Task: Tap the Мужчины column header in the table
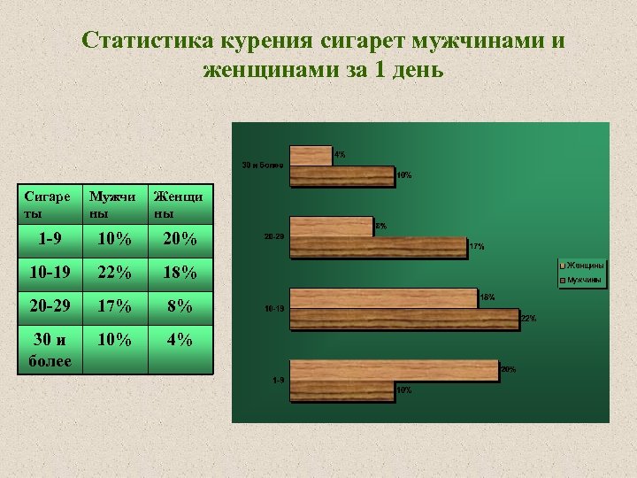coord(112,205)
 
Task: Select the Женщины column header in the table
coord(177,205)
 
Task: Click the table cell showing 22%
coord(114,273)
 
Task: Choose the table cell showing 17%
coord(114,306)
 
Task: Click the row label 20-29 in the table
coord(49,306)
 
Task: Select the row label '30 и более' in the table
coord(50,350)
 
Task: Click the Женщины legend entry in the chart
coord(585,266)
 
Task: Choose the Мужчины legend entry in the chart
coord(585,281)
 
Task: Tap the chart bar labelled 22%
coord(403,319)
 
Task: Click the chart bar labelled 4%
coord(311,155)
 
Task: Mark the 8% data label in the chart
coord(381,227)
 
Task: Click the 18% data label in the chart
coord(487,297)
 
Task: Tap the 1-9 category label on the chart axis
coord(278,380)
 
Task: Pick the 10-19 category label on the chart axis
coord(274,309)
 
